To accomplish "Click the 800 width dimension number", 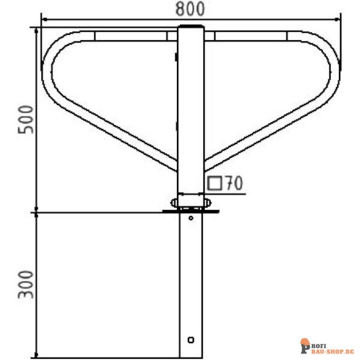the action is click(190, 9).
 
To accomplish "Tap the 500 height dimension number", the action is click(26, 119).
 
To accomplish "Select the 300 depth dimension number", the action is click(26, 284).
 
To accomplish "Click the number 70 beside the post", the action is click(234, 183).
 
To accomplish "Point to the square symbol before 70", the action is click(215, 183).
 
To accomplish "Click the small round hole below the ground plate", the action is click(191, 218).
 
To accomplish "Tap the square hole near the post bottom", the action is click(191, 340).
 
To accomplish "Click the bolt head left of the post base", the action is click(174, 203).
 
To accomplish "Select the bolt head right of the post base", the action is click(208, 203).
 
